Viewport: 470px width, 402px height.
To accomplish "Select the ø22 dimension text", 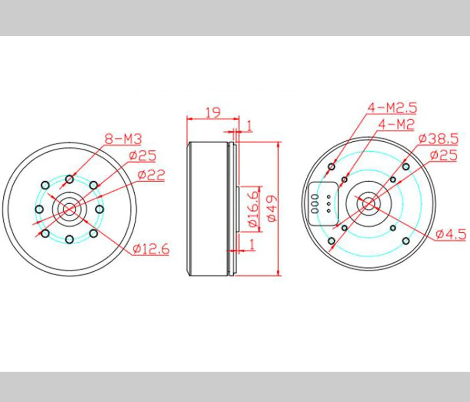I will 151,175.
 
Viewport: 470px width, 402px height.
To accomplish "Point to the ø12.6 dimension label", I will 151,249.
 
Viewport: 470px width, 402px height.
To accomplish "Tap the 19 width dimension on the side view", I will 213,112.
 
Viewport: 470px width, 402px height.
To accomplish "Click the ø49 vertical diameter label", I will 273,208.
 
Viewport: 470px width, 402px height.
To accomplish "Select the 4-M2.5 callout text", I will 392,108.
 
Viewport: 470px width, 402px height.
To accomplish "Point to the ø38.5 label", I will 438,139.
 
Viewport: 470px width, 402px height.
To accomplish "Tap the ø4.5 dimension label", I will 450,234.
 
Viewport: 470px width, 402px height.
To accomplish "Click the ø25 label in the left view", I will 142,156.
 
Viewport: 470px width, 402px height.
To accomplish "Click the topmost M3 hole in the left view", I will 69,179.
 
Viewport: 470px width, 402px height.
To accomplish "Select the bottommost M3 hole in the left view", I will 69,239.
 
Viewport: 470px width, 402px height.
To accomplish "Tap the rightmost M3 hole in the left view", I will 99,209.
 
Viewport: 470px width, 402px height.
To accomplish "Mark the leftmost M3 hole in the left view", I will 39,209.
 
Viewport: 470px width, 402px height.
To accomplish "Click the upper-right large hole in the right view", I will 406,166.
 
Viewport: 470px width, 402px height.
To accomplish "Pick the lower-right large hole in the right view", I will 406,241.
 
